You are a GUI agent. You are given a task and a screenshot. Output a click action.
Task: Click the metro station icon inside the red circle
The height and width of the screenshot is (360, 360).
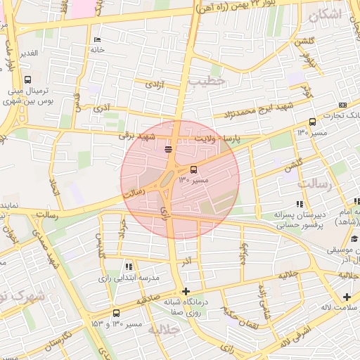click(x=168, y=149)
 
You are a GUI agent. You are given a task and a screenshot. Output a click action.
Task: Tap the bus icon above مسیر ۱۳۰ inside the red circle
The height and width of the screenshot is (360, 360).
click(x=194, y=169)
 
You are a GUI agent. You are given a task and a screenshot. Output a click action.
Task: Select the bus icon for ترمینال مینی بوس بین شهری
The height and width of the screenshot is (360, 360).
click(x=27, y=79)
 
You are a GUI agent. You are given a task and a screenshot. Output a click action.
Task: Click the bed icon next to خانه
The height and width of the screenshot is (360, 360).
click(x=97, y=39)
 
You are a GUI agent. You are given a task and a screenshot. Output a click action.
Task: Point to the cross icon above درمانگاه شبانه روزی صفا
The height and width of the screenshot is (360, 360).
click(x=186, y=291)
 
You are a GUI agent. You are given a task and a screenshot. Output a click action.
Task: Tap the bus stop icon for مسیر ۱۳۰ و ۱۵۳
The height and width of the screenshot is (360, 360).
click(x=116, y=313)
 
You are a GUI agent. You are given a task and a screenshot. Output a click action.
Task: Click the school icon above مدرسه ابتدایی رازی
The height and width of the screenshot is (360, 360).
click(x=128, y=266)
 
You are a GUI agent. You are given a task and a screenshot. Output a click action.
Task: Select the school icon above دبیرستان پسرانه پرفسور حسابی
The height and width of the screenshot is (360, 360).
click(x=300, y=203)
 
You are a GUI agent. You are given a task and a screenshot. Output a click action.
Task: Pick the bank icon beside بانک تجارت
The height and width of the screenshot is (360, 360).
click(x=342, y=105)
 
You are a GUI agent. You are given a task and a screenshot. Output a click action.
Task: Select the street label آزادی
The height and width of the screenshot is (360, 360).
click(x=154, y=84)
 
